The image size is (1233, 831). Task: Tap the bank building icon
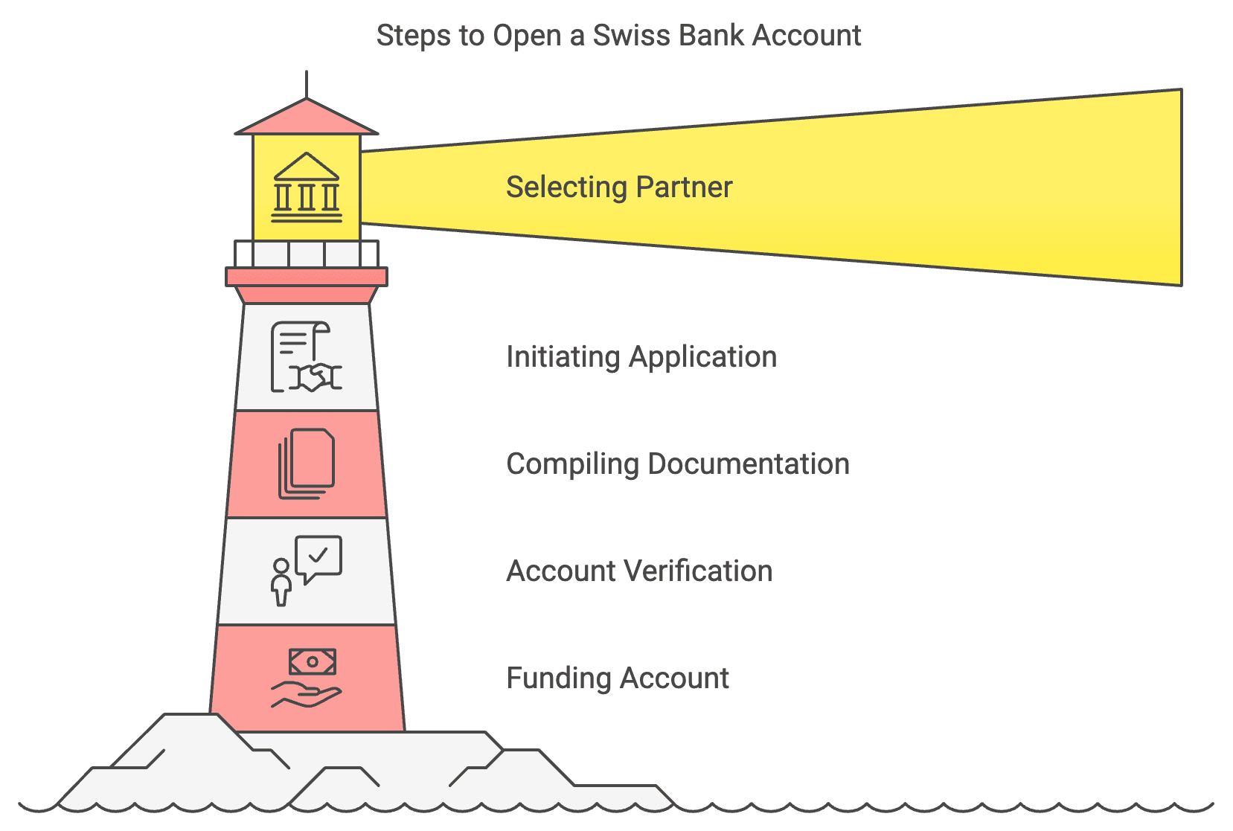307,187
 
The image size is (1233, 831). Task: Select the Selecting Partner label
619,187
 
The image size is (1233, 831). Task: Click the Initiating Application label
641,357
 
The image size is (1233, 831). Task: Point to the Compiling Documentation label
677,464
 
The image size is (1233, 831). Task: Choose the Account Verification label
639,571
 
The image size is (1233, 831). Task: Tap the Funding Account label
618,678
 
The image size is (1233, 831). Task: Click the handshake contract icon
306,357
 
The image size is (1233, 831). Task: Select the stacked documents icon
306,463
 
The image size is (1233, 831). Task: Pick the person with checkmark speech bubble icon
306,570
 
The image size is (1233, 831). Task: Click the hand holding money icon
306,678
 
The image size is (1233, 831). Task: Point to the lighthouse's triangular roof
307,118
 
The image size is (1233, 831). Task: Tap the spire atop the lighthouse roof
307,84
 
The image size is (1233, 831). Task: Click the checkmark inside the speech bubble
318,555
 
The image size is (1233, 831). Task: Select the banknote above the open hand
313,661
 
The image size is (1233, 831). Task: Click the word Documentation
749,464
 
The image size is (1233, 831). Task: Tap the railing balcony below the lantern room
307,254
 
